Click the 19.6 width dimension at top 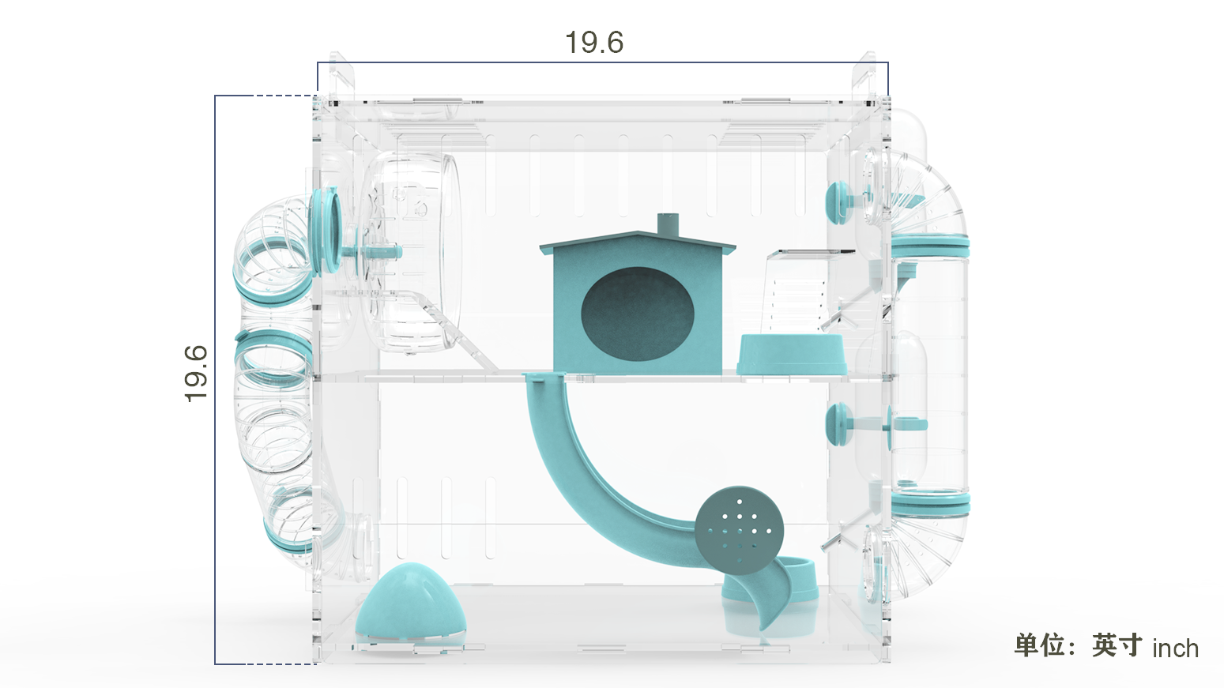click(594, 43)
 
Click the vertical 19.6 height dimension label click(195, 374)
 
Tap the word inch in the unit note click(1175, 649)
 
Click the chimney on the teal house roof click(668, 224)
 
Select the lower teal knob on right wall click(838, 424)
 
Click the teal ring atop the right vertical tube click(929, 247)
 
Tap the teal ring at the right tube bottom click(929, 502)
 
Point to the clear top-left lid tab click(340, 77)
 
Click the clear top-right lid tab click(863, 77)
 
